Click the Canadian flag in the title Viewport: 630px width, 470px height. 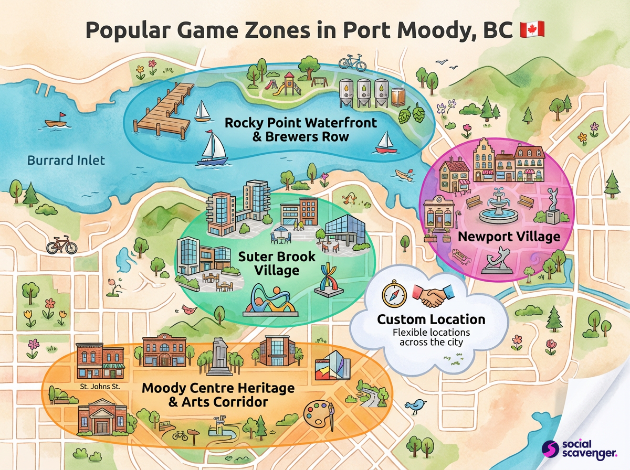pyautogui.click(x=532, y=30)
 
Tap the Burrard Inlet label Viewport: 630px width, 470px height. pyautogui.click(x=66, y=160)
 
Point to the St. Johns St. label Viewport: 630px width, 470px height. pyautogui.click(x=100, y=387)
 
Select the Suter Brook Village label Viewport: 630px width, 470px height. pyautogui.click(x=277, y=263)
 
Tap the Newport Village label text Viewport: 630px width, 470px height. pyautogui.click(x=509, y=237)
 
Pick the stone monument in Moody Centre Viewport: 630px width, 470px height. pyautogui.click(x=219, y=357)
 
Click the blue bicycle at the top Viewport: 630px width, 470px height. pyautogui.click(x=352, y=62)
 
